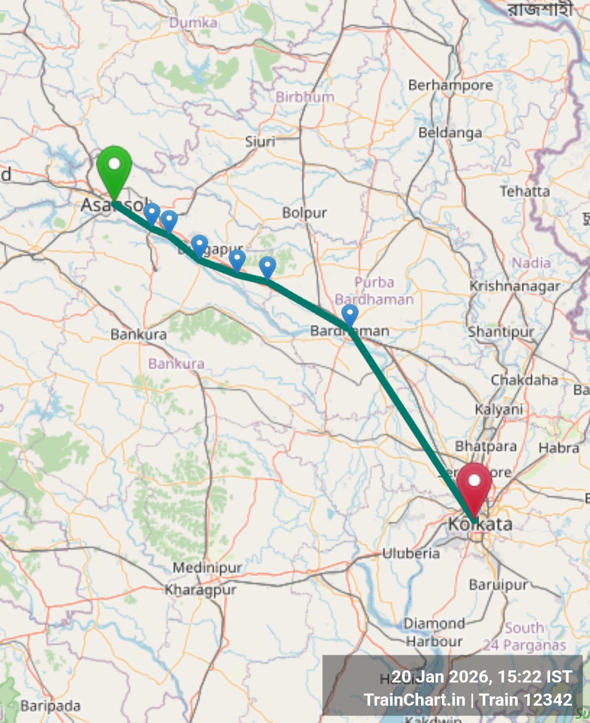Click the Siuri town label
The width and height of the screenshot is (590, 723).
[260, 142]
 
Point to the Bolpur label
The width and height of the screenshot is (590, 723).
[305, 213]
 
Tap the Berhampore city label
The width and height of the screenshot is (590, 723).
[451, 86]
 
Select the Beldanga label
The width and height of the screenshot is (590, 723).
[450, 133]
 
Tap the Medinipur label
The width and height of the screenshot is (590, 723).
[207, 568]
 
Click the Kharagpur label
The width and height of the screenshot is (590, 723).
[201, 591]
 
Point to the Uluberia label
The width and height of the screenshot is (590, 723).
[411, 554]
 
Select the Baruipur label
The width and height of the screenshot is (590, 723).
[499, 585]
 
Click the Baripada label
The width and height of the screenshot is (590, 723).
[50, 706]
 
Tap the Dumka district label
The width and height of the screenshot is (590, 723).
[193, 23]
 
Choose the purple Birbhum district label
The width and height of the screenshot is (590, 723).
[305, 97]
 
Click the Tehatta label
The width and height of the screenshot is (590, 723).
[525, 191]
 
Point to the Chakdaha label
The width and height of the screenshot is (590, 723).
[524, 381]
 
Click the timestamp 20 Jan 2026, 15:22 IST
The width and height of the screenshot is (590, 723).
[481, 677]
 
